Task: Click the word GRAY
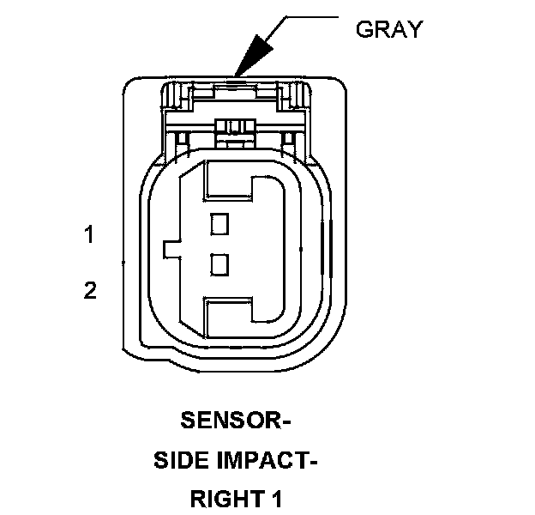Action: pyautogui.click(x=388, y=29)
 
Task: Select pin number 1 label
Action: pyautogui.click(x=88, y=234)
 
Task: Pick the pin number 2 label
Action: pyautogui.click(x=89, y=290)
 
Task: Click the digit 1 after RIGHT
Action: pyautogui.click(x=277, y=499)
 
